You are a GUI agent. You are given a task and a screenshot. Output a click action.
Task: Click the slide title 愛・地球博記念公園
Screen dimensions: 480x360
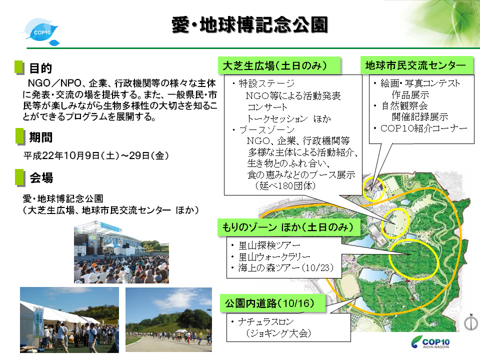click(x=249, y=25)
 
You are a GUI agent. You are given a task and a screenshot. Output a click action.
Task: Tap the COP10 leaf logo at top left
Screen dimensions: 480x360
click(x=41, y=32)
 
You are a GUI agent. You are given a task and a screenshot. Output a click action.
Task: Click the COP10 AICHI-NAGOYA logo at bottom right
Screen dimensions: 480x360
click(x=430, y=342)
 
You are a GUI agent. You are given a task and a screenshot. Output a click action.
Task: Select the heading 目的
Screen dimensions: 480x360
click(x=40, y=68)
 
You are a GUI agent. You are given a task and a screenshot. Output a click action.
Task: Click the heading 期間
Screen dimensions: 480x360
click(x=41, y=137)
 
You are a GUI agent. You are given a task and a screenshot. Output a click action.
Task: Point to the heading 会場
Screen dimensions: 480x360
click(x=41, y=178)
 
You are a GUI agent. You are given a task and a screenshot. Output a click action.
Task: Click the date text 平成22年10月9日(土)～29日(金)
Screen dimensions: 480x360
click(x=96, y=156)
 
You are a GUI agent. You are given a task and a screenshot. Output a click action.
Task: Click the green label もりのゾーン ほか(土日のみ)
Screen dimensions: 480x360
click(x=288, y=227)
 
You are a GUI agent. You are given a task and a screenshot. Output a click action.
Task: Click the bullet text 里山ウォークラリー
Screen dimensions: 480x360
click(x=274, y=256)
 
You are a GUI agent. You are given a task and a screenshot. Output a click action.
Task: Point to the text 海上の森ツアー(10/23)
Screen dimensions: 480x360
click(x=286, y=268)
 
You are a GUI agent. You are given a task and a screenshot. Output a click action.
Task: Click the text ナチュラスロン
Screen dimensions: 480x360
click(x=266, y=321)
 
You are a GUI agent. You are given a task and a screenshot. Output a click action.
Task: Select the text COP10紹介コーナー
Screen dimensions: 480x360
click(x=423, y=128)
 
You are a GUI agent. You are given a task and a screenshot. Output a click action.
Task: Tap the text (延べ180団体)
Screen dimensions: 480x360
click(x=285, y=185)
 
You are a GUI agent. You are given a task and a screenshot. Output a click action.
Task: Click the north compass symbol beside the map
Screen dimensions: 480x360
click(x=471, y=322)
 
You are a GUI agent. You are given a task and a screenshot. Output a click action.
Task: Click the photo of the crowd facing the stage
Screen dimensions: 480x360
click(x=121, y=252)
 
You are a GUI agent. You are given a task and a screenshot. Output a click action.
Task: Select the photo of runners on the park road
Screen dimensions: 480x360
click(x=168, y=320)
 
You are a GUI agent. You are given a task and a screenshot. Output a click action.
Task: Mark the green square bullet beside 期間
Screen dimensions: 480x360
click(x=19, y=136)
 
